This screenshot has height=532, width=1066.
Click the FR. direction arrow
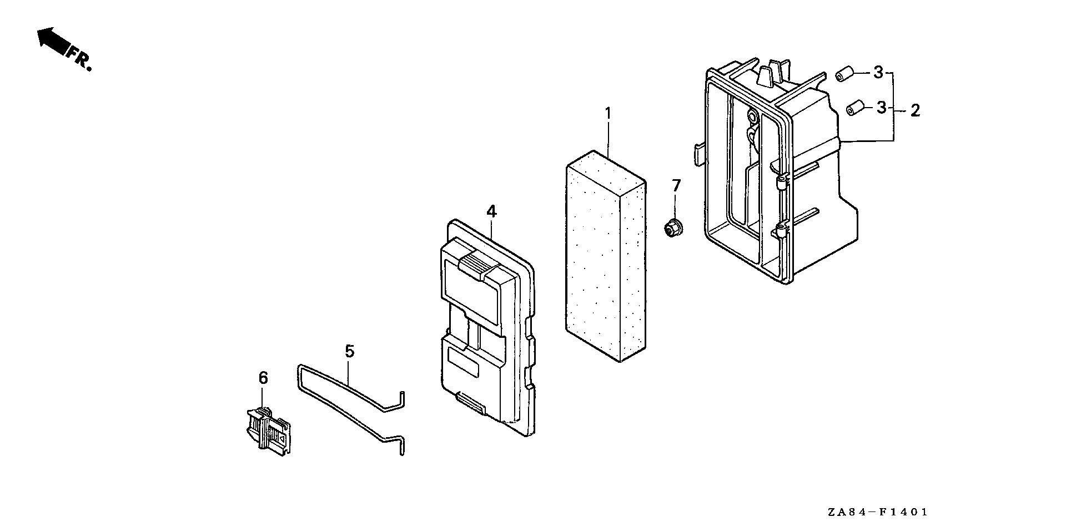coord(51,41)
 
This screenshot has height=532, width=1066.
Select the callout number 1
coord(608,114)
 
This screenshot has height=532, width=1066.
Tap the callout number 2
coord(915,110)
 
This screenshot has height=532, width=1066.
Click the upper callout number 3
coord(878,73)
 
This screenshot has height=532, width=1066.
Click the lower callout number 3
coord(881,108)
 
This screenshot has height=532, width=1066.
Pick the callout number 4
coord(491,211)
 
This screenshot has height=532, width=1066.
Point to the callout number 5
coord(349,351)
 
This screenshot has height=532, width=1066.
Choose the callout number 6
coord(263,378)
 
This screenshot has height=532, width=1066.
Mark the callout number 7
coord(676,185)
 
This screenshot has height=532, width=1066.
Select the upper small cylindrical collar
coord(843,74)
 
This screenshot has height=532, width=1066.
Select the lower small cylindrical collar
coord(854,107)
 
